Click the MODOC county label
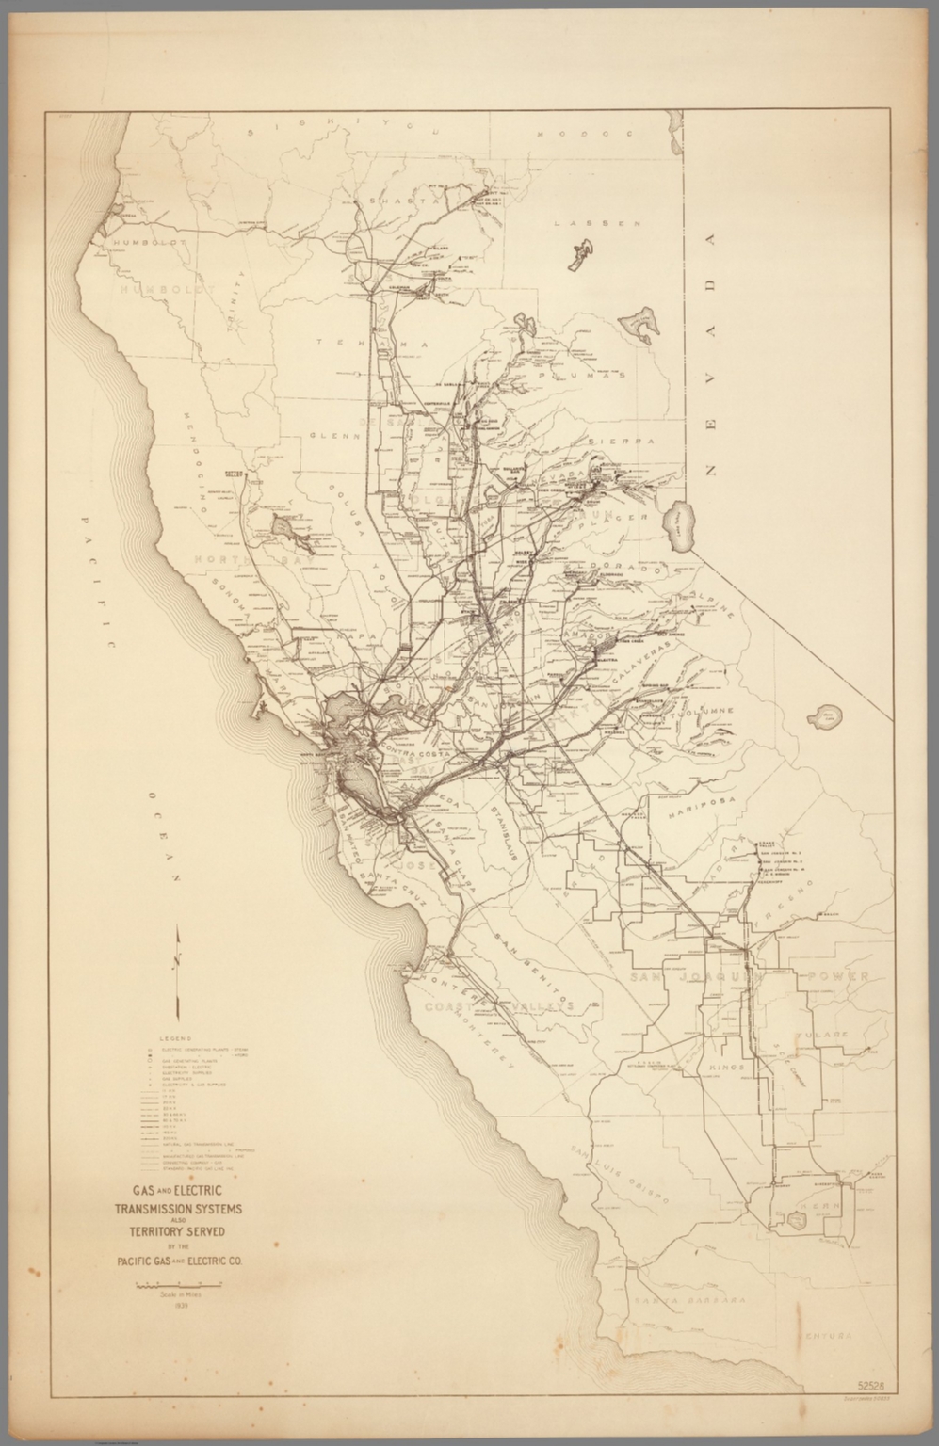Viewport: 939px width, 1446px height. click(562, 135)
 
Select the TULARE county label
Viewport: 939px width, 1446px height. click(829, 1034)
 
